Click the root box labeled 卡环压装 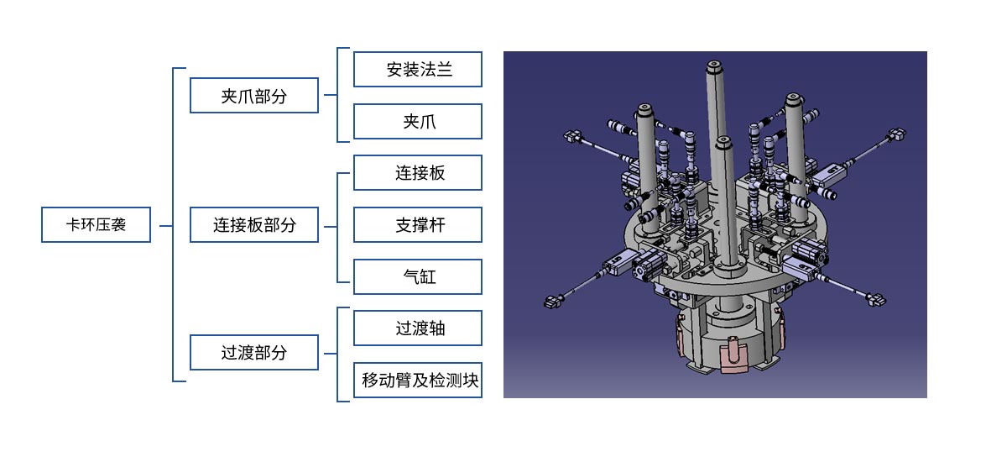[x=97, y=224]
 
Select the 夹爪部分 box [x=254, y=95]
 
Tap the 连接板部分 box [x=254, y=224]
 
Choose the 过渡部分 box [x=254, y=353]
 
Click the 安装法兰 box [x=418, y=69]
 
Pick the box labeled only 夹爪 [x=418, y=121]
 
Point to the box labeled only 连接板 [x=418, y=172]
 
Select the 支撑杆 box [x=418, y=224]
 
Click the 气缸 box [x=418, y=276]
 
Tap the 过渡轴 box [x=418, y=328]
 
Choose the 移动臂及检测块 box [x=418, y=381]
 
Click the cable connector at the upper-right [x=897, y=134]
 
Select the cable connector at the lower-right [x=876, y=299]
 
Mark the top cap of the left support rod [x=646, y=109]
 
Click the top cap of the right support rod [x=793, y=99]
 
